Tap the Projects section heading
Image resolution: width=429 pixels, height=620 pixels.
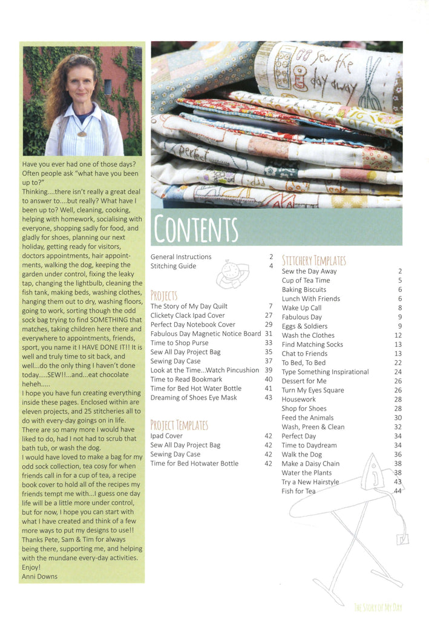click(x=164, y=296)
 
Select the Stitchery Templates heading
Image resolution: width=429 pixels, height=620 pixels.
click(x=314, y=261)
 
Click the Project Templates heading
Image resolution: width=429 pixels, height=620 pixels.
click(x=179, y=425)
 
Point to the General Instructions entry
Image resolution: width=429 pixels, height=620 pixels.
click(x=181, y=257)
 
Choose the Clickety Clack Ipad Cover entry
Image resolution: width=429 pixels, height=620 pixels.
click(x=188, y=315)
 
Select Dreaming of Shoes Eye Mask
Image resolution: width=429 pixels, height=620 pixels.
click(x=194, y=398)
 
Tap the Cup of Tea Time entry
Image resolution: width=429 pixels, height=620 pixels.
click(x=306, y=280)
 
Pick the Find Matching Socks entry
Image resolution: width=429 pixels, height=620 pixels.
click(x=312, y=345)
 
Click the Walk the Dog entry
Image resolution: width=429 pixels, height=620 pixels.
click(x=301, y=454)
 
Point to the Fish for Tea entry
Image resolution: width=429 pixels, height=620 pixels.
click(x=298, y=491)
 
